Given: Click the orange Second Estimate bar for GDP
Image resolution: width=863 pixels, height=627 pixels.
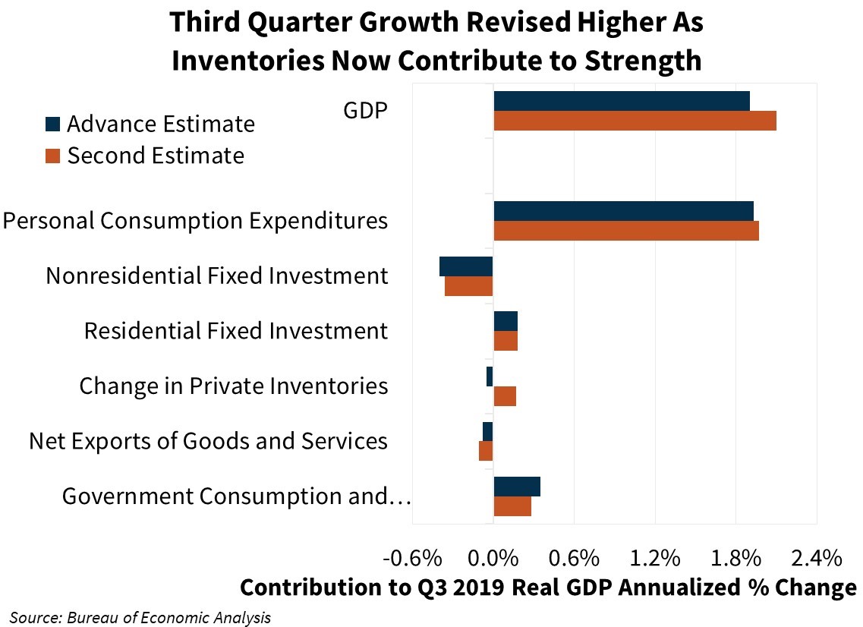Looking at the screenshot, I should [635, 121].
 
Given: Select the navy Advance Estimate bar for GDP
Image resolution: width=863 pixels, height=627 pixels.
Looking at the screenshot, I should [622, 101].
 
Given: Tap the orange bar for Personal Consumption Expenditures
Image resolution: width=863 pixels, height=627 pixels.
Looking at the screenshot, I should [626, 231].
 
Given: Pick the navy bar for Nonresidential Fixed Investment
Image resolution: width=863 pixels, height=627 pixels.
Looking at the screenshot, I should [466, 266].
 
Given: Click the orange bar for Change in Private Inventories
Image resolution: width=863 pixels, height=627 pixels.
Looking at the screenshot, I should [505, 395].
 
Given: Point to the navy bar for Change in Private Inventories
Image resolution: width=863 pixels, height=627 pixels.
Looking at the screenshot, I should [490, 377].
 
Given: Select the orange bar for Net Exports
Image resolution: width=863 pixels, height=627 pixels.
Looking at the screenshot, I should [486, 451].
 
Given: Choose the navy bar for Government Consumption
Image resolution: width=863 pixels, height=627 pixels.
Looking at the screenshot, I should [517, 487].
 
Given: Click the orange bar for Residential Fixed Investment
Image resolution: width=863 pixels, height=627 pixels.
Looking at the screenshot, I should [506, 341].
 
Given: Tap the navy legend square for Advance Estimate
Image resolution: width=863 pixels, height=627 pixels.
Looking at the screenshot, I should [52, 124].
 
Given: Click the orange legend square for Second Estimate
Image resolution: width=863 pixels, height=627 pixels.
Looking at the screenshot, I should [52, 156].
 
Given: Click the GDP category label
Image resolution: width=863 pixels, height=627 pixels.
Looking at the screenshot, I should [366, 111].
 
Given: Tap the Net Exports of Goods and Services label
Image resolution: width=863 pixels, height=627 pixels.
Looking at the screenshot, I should [209, 441].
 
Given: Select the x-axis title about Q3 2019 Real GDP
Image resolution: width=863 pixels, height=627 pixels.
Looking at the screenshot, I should [548, 588].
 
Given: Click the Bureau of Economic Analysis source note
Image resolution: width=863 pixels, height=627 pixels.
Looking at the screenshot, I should [140, 616].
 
